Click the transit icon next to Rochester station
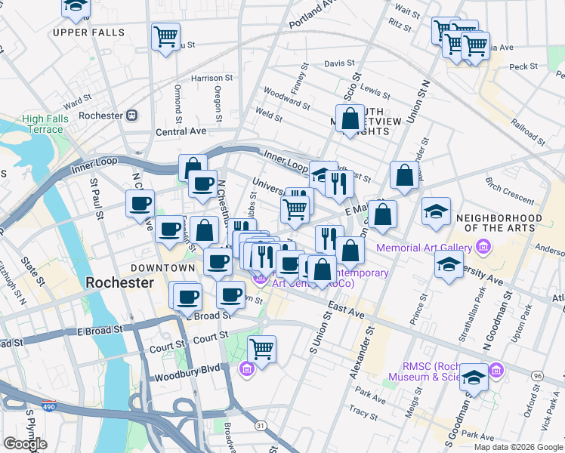(x=131, y=116)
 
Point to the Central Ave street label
(x=181, y=131)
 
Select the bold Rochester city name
(x=119, y=282)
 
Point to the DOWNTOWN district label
(x=162, y=268)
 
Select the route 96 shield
(x=537, y=375)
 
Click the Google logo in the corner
(x=25, y=444)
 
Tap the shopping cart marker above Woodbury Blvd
(x=261, y=350)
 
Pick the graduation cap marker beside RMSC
(x=474, y=377)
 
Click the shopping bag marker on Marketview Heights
(x=350, y=119)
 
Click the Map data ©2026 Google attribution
(x=517, y=446)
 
